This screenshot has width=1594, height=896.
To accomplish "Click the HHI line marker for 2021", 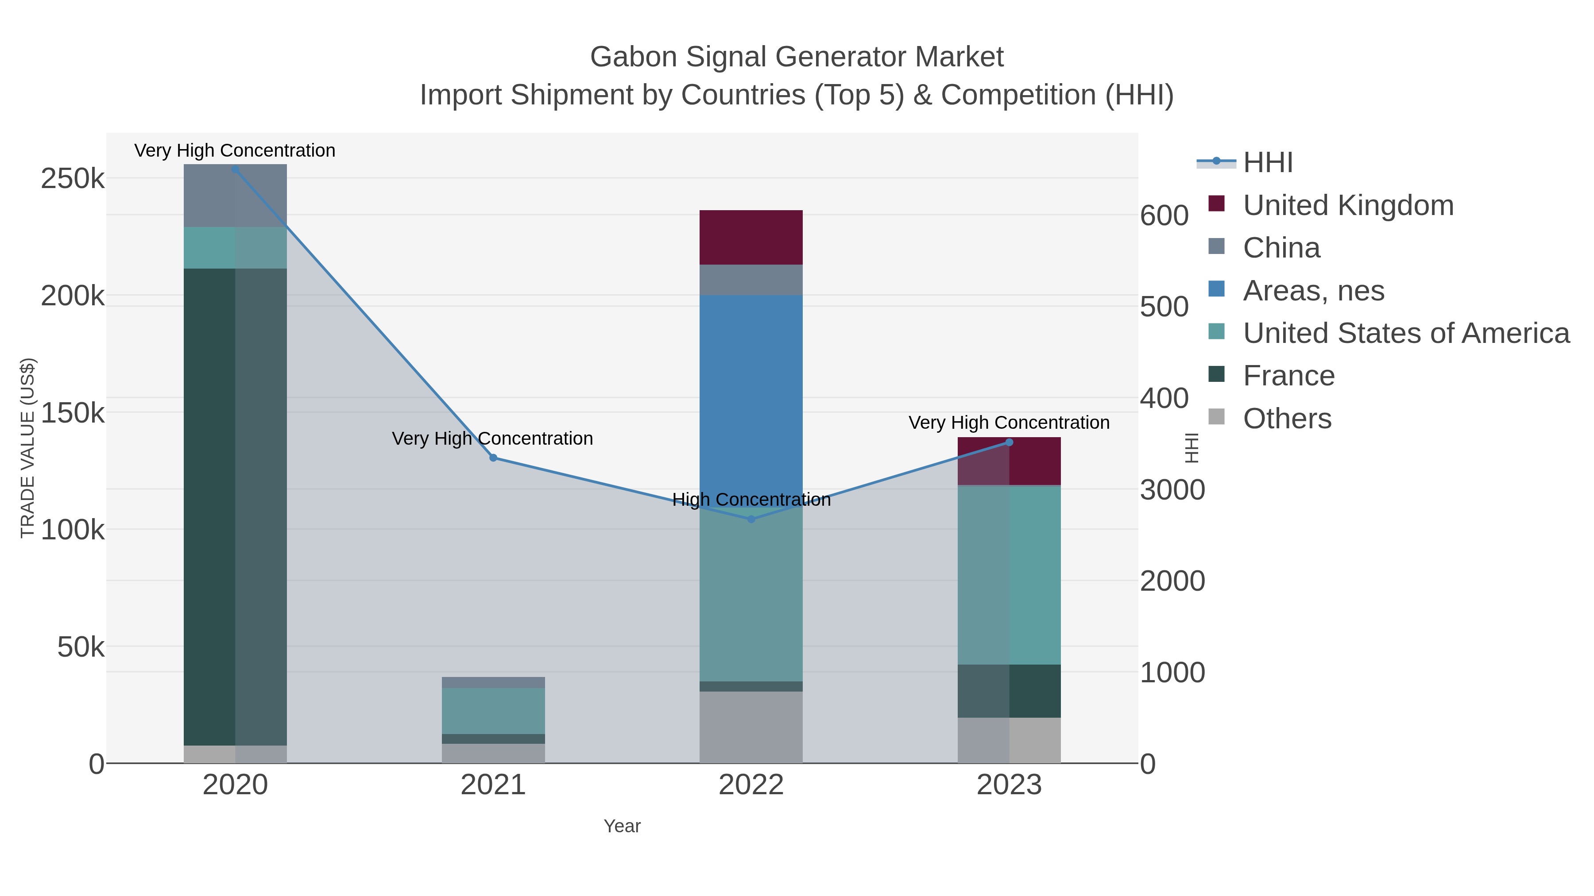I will [x=493, y=458].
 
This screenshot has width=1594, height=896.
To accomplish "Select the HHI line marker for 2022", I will [x=751, y=519].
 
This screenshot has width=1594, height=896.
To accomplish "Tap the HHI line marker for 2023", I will [x=1009, y=442].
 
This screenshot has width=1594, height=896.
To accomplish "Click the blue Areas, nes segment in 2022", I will [x=751, y=396].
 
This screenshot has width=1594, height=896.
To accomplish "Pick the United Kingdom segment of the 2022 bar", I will [x=751, y=238].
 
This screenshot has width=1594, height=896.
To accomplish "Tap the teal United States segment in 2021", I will [x=493, y=711].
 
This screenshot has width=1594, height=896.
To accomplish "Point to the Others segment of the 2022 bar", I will [x=751, y=727].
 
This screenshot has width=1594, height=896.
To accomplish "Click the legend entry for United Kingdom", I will [x=1348, y=205].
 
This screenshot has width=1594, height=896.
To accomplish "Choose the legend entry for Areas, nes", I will [x=1313, y=291].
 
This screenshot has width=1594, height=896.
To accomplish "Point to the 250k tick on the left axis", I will [x=73, y=179].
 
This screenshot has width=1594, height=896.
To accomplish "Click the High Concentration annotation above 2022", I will [x=751, y=500].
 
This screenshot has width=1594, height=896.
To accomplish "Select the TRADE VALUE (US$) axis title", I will [x=28, y=448].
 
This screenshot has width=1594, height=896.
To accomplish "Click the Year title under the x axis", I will [x=622, y=826].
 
